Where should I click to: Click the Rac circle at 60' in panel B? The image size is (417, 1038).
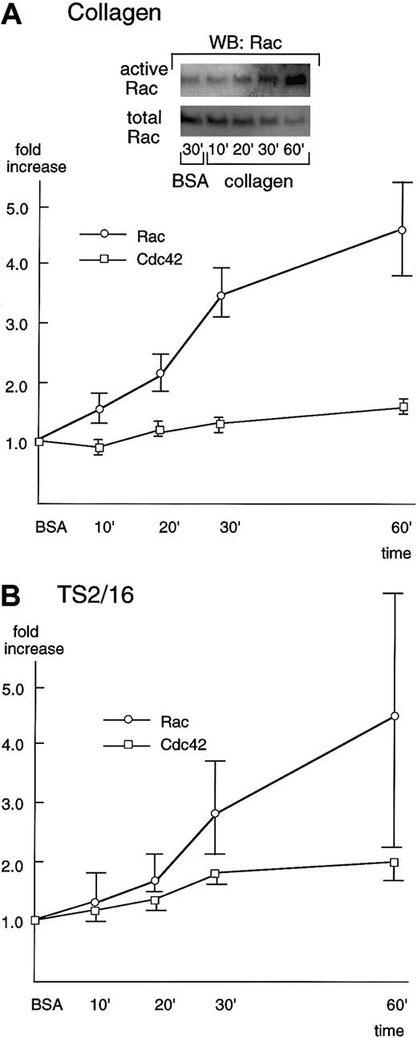coord(395,716)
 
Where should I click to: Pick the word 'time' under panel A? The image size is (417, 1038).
coord(397,553)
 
